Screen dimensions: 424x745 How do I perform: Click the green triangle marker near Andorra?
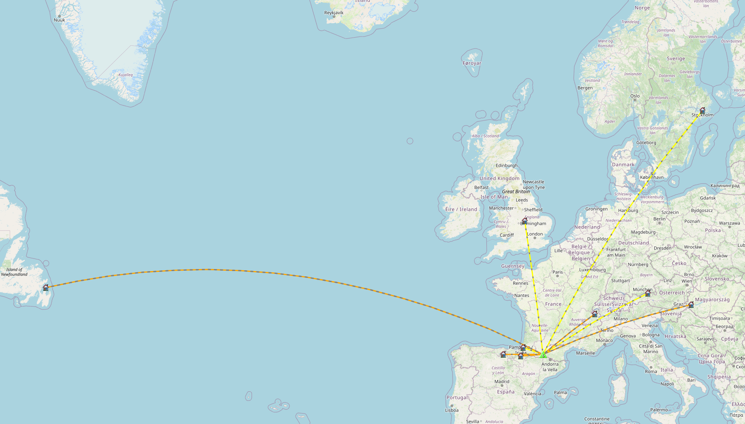click(x=543, y=355)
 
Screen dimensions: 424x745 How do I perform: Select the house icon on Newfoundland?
click(x=46, y=288)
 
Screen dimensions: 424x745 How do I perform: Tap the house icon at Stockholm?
click(x=702, y=110)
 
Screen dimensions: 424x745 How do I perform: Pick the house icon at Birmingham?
click(x=525, y=221)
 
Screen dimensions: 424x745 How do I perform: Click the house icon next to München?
click(x=648, y=293)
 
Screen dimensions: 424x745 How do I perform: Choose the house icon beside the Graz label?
click(x=691, y=305)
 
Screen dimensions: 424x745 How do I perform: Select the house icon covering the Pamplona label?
click(x=523, y=347)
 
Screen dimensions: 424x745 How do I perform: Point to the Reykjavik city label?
click(x=334, y=13)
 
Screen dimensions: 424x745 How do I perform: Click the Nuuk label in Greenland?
click(x=59, y=20)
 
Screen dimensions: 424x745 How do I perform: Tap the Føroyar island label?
click(x=472, y=63)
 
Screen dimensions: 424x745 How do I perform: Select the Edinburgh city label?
click(x=507, y=165)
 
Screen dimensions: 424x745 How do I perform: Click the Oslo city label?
click(x=635, y=96)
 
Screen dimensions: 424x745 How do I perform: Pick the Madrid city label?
click(x=502, y=382)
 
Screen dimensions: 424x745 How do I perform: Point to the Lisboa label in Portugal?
click(x=452, y=410)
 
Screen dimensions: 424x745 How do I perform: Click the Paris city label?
click(x=558, y=272)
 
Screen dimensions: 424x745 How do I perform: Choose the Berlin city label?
click(x=659, y=219)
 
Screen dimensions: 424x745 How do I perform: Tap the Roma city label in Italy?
click(x=651, y=371)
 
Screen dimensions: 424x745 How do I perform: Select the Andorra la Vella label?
click(x=550, y=367)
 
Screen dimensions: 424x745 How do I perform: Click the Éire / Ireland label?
click(x=461, y=209)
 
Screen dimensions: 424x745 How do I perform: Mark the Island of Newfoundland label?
click(x=14, y=272)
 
